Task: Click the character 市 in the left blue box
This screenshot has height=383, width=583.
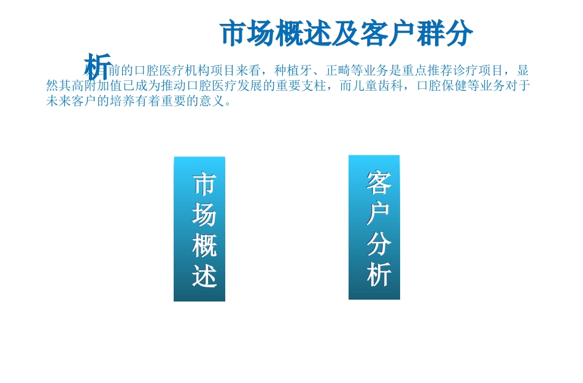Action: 204,184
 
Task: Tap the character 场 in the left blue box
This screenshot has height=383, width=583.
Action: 204,214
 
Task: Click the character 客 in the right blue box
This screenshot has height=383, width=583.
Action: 379,182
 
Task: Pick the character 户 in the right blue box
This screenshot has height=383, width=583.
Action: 379,213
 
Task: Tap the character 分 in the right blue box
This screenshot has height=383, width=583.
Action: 379,244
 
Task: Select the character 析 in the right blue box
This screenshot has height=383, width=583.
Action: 379,275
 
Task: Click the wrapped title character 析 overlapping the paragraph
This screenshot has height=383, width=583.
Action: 98,66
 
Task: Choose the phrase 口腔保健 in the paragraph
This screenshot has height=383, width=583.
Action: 442,86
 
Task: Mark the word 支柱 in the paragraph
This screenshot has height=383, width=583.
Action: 313,86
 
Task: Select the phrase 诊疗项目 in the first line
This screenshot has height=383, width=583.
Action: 479,70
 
